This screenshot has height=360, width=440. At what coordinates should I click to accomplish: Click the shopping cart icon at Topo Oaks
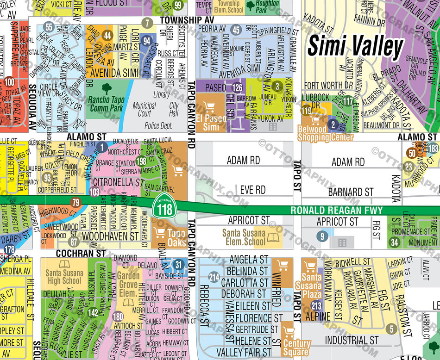tap(160, 233)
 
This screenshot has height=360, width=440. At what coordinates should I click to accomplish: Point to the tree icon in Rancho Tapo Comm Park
tap(107, 89)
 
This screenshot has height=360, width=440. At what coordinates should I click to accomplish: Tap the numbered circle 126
tap(237, 87)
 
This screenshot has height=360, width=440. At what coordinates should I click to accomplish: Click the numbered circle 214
tap(214, 278)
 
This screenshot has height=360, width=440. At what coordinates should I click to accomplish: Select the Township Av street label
tap(187, 20)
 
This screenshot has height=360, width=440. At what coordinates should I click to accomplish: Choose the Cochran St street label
tap(81, 254)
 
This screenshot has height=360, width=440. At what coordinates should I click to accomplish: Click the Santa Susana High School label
tap(64, 277)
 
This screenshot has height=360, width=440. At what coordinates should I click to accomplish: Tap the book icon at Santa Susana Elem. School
tap(273, 239)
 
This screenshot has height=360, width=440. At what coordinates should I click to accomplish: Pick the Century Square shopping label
tap(296, 347)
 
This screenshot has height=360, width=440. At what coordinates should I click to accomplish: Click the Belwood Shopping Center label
tap(325, 134)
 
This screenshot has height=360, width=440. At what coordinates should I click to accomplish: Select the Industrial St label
tap(352, 340)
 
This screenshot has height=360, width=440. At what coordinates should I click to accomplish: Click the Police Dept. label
tap(158, 125)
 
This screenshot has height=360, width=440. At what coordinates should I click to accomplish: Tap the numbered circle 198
tap(141, 161)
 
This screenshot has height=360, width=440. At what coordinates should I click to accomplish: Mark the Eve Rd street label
tap(252, 190)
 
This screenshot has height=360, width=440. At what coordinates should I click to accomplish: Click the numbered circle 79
tap(76, 202)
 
